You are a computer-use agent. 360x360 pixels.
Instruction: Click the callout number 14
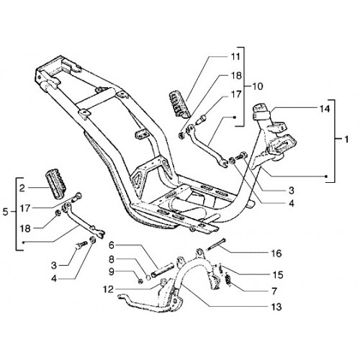(x=325, y=109)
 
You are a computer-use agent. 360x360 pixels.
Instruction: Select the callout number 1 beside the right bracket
(x=346, y=139)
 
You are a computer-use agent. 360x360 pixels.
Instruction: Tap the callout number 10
(x=258, y=86)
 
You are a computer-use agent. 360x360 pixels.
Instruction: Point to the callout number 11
(x=235, y=57)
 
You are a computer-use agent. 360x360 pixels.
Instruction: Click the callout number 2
(x=22, y=189)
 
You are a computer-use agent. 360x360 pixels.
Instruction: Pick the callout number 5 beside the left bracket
(x=6, y=212)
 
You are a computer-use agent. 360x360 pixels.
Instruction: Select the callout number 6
(x=111, y=246)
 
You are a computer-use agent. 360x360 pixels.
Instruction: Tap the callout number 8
(x=111, y=259)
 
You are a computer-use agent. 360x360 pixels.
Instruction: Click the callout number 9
(x=111, y=272)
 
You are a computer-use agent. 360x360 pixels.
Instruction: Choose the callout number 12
(x=109, y=289)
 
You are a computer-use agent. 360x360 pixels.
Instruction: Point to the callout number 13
(x=276, y=307)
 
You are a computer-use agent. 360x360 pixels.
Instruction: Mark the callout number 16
(x=276, y=253)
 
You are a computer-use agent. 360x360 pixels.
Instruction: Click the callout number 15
(x=278, y=275)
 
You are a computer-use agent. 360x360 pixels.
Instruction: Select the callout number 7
(x=274, y=292)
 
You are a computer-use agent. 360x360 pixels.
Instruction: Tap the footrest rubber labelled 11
(x=180, y=105)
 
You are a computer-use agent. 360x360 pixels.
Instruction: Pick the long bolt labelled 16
(x=216, y=244)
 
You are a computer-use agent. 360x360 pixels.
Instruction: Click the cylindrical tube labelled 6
(x=162, y=271)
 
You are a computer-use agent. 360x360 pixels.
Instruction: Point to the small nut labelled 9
(x=141, y=281)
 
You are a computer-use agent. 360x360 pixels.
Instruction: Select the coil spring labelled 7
(x=228, y=280)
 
